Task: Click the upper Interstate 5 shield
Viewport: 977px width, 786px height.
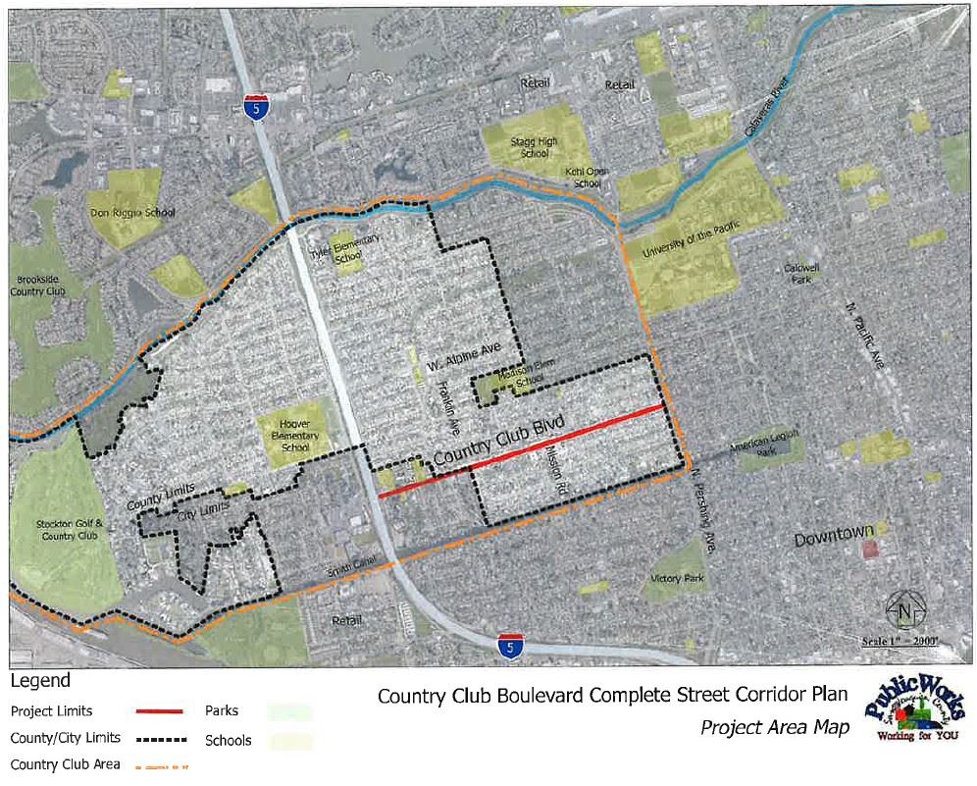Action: (256, 105)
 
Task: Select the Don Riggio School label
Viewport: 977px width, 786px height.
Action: (125, 212)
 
